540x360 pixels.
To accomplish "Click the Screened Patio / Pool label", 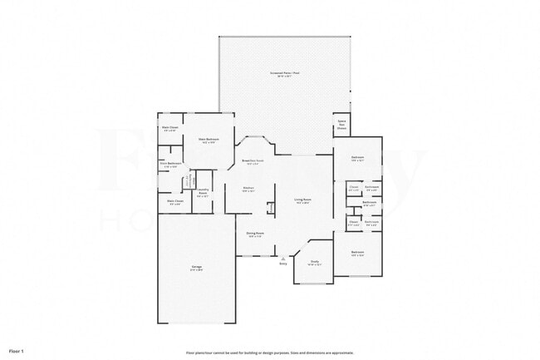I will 284,74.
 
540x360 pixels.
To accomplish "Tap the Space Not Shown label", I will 341,125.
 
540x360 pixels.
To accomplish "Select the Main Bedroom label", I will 208,141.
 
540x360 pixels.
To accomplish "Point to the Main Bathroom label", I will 170,165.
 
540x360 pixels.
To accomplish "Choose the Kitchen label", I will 248,190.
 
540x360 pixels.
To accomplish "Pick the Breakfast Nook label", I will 253,161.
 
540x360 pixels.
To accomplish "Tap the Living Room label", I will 302,200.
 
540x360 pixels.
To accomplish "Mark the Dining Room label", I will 255,234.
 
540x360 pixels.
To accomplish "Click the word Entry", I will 282,264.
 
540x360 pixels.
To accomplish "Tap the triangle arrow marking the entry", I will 282,259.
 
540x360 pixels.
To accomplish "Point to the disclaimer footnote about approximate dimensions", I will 269,353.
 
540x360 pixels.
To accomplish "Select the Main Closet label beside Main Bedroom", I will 170,129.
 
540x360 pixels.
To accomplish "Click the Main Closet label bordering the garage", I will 174,201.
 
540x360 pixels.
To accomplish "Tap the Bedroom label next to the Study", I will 357,253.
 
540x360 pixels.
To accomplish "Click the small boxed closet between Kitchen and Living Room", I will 270,207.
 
